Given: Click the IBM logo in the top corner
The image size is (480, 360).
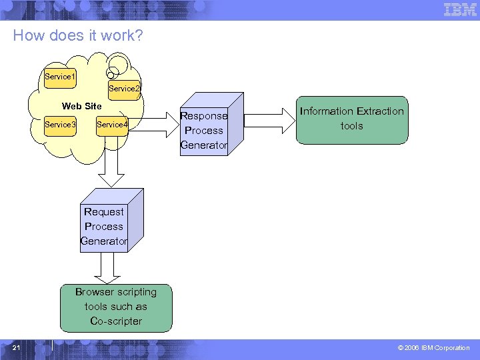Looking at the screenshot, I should click(x=460, y=9).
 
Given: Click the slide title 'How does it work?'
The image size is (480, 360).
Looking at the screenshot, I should click(x=77, y=35).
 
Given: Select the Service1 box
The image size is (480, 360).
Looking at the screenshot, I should click(x=60, y=77).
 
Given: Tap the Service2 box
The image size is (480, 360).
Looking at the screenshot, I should click(x=124, y=89).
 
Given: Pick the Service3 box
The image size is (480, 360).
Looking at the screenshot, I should click(x=60, y=125).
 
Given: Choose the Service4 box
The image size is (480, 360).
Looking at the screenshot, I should click(x=111, y=125).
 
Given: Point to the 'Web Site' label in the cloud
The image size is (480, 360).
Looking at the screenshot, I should click(x=81, y=106).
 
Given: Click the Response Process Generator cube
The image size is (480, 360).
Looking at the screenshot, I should click(x=204, y=131).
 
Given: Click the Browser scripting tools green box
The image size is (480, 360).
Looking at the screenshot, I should click(x=116, y=307).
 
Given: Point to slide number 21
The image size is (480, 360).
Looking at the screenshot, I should click(x=17, y=347).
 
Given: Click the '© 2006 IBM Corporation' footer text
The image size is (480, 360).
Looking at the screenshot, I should click(x=433, y=348).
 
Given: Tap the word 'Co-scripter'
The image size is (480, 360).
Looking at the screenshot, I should click(x=116, y=321).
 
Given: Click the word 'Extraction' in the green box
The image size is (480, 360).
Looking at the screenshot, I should click(x=380, y=111).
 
